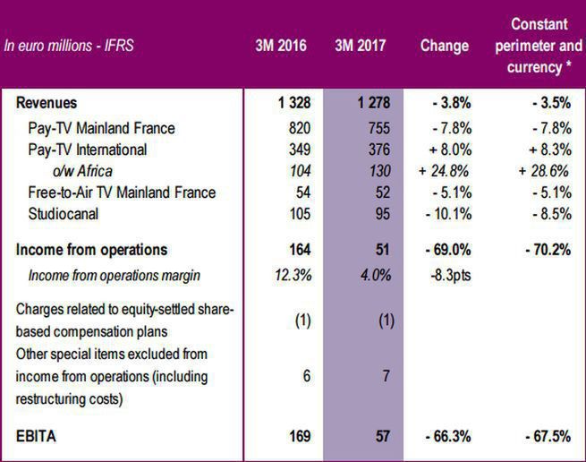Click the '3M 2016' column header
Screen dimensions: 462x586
point(281,46)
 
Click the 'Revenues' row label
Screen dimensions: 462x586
point(47,104)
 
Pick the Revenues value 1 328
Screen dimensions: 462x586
point(293,104)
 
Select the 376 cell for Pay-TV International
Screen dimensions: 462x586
point(379,150)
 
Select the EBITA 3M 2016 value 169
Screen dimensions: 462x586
point(297,437)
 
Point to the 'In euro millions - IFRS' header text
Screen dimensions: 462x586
point(71,46)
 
